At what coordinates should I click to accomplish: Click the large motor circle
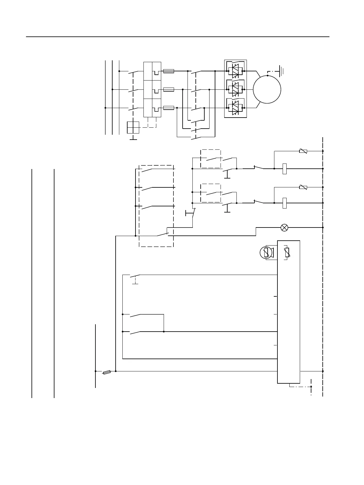[267, 89]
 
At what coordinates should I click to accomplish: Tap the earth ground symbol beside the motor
[281, 71]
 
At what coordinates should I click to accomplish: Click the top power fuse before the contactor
[169, 71]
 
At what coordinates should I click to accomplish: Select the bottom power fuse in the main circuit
[169, 108]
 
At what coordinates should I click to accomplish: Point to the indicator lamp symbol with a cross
[284, 227]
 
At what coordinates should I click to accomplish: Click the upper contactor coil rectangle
[284, 169]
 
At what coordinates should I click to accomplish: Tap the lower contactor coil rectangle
[284, 203]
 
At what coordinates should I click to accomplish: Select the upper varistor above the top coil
[303, 151]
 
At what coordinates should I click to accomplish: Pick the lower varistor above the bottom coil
[303, 187]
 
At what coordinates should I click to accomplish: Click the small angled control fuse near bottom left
[106, 372]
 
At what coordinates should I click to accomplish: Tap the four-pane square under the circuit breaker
[133, 127]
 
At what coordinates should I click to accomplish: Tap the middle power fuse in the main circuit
[169, 89]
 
